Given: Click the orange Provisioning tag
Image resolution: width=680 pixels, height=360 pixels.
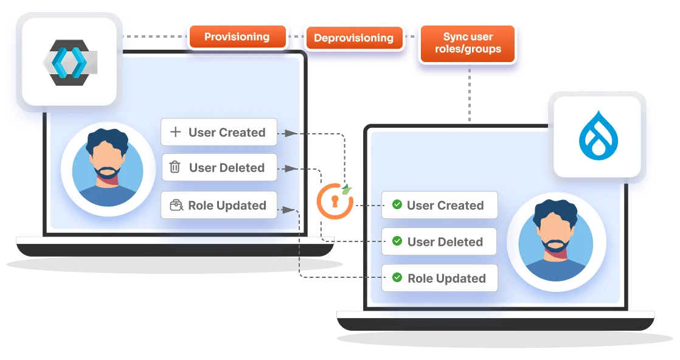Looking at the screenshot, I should click(237, 37).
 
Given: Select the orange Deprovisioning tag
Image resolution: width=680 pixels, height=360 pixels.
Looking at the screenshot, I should click(353, 38).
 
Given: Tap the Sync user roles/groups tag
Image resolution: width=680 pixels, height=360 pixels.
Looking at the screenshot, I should click(468, 43).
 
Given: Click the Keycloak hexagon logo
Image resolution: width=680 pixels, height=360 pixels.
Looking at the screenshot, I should click(67, 63).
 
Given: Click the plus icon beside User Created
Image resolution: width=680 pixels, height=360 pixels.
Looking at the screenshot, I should click(175, 132).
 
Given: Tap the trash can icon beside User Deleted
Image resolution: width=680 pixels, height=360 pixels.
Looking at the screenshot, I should click(175, 167).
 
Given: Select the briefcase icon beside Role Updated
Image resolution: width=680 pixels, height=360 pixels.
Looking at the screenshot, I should click(176, 205).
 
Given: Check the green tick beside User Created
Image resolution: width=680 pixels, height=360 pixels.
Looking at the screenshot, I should click(397, 205).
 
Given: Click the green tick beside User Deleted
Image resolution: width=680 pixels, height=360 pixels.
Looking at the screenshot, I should click(397, 241).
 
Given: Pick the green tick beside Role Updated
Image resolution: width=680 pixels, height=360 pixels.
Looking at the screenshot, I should click(397, 278).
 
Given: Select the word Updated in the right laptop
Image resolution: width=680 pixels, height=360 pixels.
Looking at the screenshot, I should click(463, 279).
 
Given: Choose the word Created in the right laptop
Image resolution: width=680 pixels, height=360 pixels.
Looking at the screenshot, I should click(461, 206).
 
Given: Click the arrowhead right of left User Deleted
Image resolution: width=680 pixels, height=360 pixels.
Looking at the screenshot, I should click(297, 168).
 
